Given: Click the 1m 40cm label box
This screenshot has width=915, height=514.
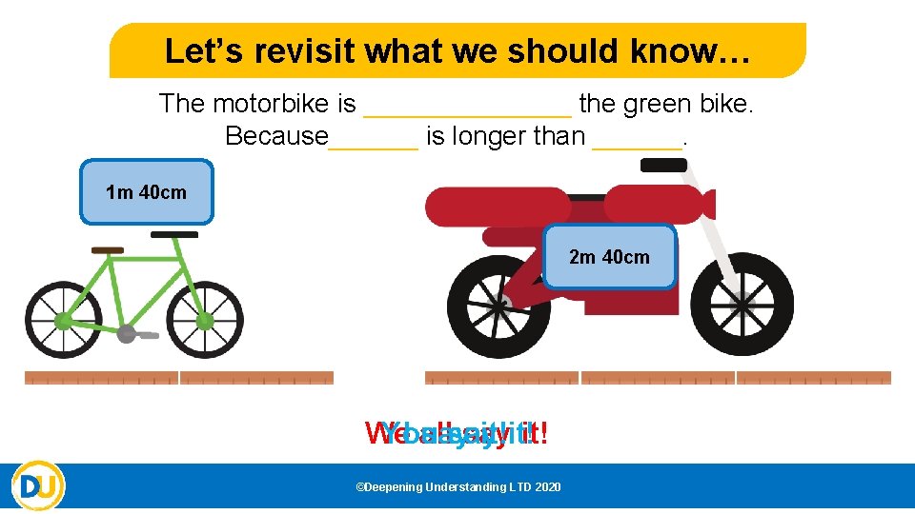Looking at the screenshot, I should tap(147, 192).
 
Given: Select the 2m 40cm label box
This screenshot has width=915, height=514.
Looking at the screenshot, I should tap(609, 257).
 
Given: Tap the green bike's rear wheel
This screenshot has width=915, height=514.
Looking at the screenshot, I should tap(63, 320).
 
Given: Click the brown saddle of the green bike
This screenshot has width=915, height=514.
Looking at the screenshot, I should tap(108, 250).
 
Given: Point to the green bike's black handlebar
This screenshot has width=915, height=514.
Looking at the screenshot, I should tap(174, 234).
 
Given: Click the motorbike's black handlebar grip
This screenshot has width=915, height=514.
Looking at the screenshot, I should tap(663, 166).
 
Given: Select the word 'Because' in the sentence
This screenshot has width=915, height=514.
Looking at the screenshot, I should tap(276, 136).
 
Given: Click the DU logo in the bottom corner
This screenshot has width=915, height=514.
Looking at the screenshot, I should tap(38, 486).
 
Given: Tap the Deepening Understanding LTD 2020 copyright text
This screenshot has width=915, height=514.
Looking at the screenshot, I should tap(457, 487).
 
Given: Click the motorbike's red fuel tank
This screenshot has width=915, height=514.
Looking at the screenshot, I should tap(648, 203).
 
